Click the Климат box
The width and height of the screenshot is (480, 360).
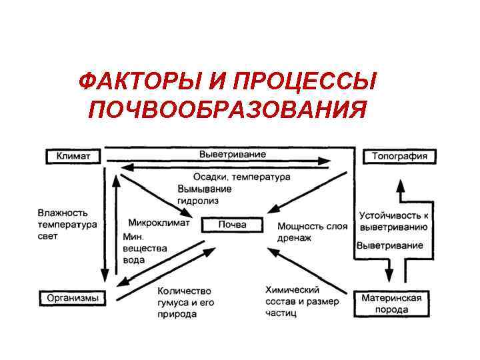click(73, 157)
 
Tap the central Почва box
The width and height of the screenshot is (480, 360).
click(232, 225)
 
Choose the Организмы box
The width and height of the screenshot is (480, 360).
click(73, 298)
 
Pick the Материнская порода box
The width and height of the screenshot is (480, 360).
click(391, 304)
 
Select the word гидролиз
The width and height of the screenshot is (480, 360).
click(198, 200)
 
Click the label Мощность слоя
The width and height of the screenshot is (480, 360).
click(312, 226)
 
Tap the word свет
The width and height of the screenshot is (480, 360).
click(48, 236)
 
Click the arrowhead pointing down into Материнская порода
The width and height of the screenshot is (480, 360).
click(390, 275)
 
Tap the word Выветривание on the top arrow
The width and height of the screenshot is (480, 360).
click(233, 153)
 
